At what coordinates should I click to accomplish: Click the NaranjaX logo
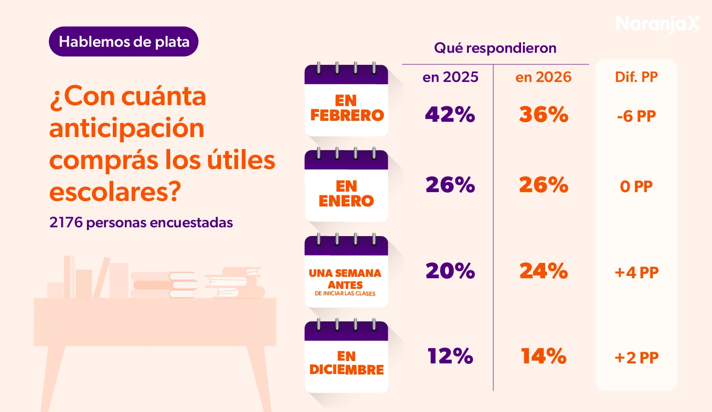click(657, 23)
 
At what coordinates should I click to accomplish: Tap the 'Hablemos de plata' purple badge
click(123, 42)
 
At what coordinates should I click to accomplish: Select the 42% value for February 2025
click(450, 114)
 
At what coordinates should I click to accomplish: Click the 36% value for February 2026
click(543, 114)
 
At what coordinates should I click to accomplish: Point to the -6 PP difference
click(636, 116)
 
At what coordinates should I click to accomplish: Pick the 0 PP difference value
click(636, 186)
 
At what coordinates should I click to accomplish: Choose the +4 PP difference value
click(636, 272)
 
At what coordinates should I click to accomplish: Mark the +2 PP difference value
click(636, 357)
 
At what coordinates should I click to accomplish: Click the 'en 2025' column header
click(450, 77)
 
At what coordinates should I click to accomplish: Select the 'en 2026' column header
click(543, 77)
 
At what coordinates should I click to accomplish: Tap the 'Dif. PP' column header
click(636, 77)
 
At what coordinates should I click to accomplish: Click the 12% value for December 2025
click(450, 356)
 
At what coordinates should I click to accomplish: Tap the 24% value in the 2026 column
click(543, 271)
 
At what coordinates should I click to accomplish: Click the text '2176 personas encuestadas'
click(141, 223)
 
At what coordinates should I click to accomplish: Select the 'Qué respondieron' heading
click(495, 48)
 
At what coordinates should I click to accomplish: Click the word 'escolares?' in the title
click(115, 192)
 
